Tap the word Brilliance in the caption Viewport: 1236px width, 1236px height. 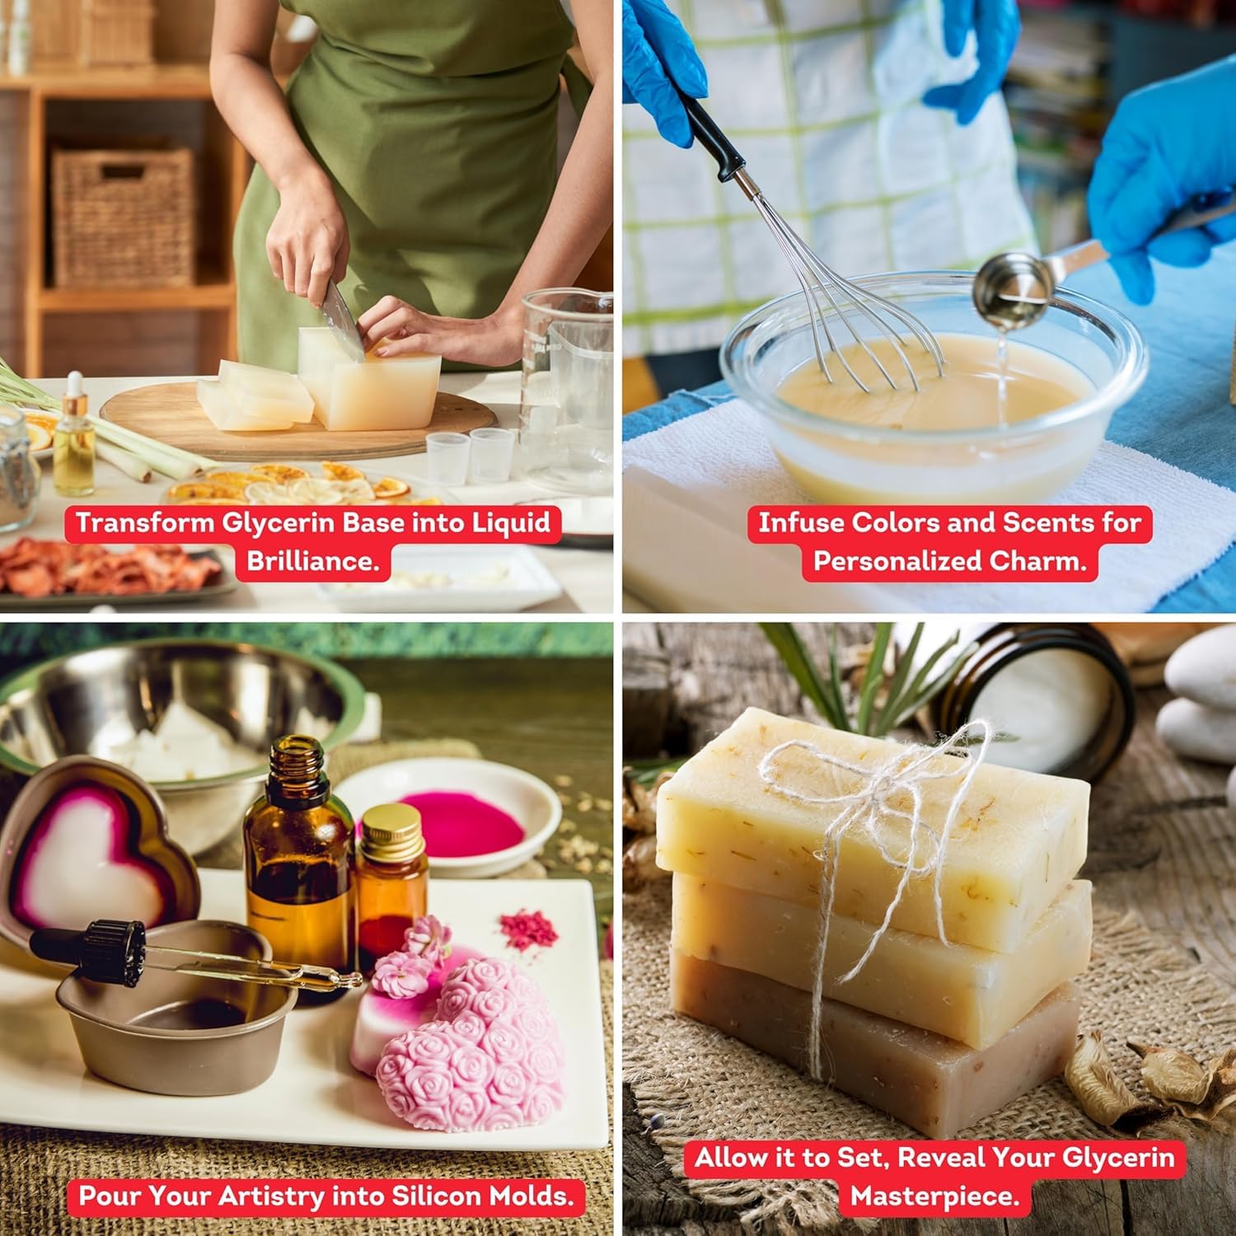tap(311, 561)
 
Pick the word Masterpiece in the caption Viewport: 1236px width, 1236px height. tap(934, 1196)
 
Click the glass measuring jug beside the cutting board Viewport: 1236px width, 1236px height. tap(569, 387)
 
